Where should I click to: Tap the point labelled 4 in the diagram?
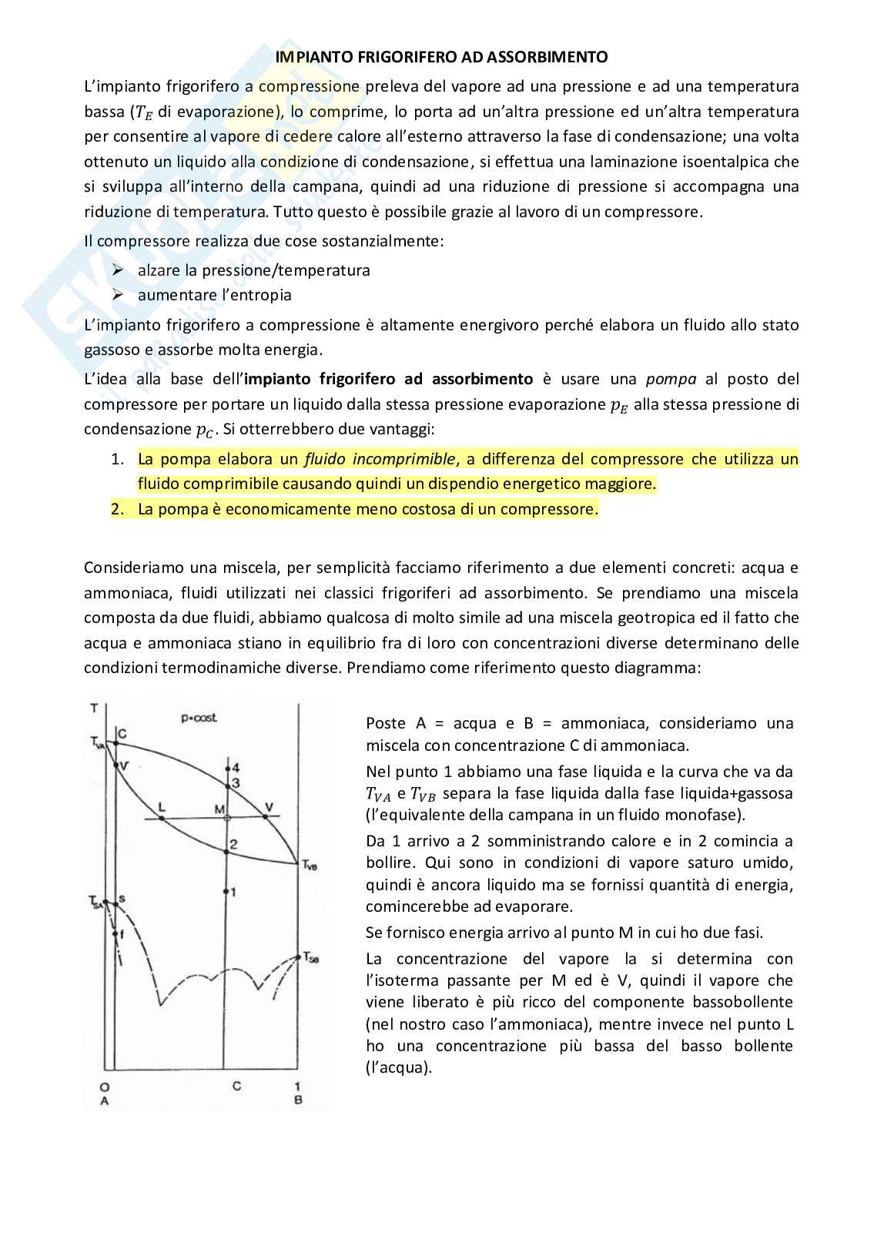(226, 769)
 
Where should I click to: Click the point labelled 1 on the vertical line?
(226, 892)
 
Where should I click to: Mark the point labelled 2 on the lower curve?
(226, 851)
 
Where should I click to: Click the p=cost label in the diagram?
(199, 718)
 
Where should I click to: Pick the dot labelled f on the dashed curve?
(116, 934)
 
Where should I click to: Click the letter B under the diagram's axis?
(298, 1101)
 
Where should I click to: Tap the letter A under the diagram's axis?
(104, 1101)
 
